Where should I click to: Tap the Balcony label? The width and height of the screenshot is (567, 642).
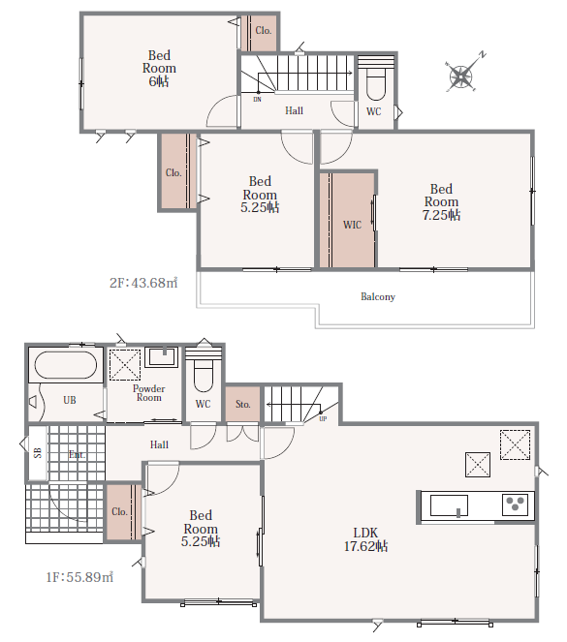378,296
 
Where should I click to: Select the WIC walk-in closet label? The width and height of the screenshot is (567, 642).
352,225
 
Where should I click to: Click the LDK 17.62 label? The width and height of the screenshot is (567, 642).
365,539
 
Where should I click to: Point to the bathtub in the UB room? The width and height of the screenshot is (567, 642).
66,365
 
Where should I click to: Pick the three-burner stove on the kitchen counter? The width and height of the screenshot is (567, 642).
515,504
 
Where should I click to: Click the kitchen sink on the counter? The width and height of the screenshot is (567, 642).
449,505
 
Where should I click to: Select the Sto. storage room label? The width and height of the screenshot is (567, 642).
242,404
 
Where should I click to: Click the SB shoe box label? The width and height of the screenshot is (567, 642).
37,453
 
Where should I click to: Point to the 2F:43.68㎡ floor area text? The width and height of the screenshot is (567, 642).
143,283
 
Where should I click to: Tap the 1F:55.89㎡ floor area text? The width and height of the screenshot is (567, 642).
79,577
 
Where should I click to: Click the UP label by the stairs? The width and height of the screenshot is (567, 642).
323,419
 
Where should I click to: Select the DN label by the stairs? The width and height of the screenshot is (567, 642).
257,99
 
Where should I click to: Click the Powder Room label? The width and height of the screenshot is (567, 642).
148,392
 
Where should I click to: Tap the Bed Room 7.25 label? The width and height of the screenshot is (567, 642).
441,201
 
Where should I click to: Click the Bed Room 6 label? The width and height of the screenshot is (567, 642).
159,68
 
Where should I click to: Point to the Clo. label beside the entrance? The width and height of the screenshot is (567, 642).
119,511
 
